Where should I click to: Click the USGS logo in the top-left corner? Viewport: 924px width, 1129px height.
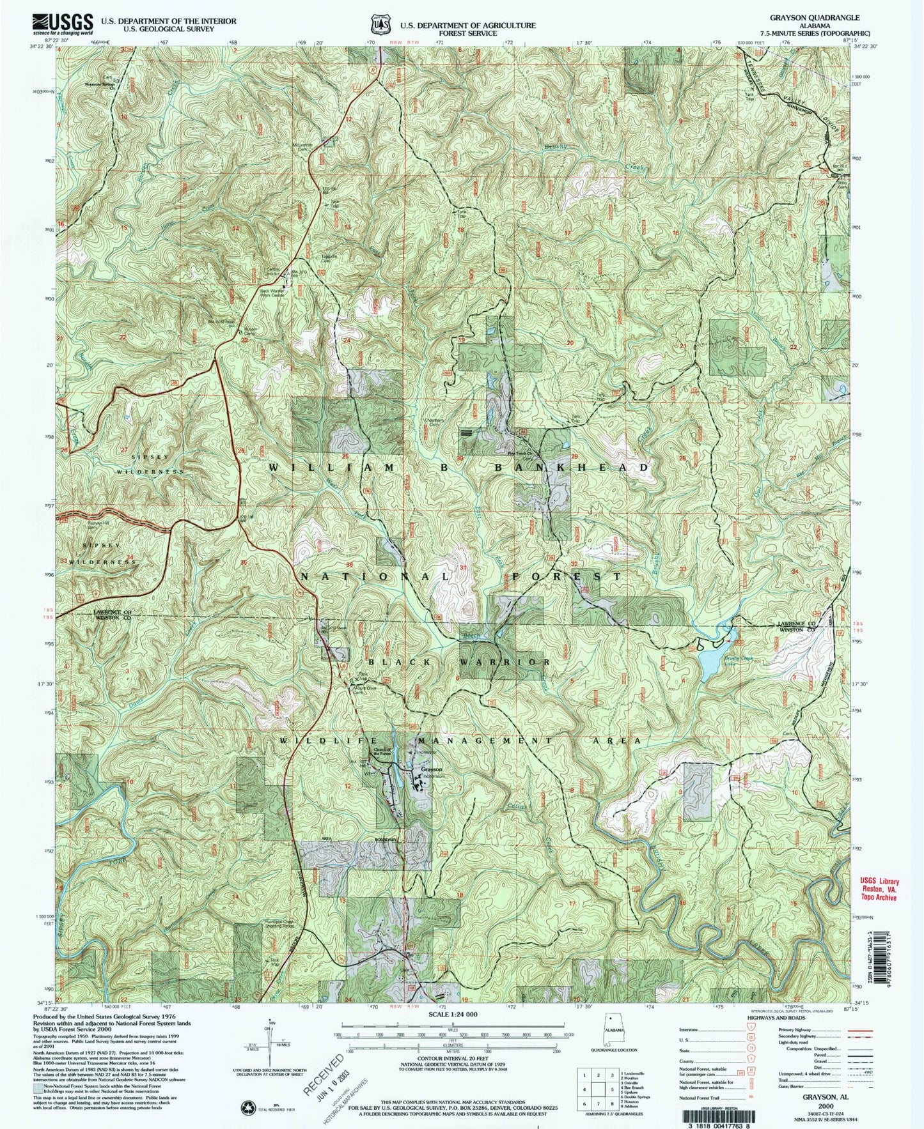pos(63,24)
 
